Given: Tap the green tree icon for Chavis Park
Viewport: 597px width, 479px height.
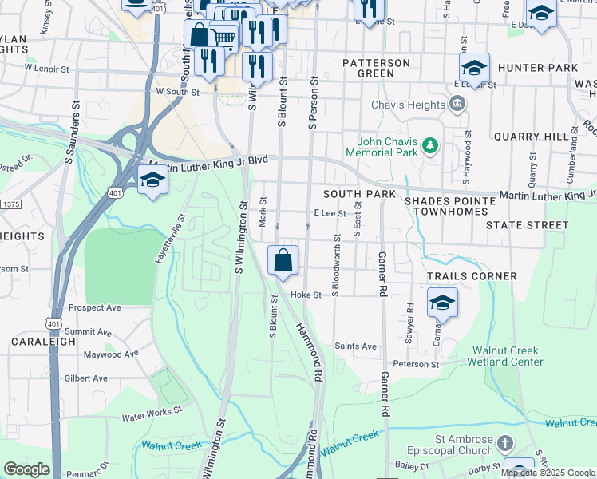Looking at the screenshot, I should pos(431,145).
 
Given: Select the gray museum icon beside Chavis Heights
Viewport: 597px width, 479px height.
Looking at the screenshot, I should pos(457,103).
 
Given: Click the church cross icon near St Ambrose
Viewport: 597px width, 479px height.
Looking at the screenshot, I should pos(504,442).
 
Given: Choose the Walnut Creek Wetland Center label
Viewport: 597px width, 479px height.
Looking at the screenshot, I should pos(505,356).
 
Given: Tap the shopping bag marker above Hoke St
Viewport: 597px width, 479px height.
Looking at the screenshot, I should pos(283,260).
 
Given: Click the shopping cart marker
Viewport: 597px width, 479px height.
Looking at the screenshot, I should pos(224,37).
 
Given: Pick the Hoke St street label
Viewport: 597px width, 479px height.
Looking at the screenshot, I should pos(305,295).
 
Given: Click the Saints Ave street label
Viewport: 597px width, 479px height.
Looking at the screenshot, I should pos(355,346).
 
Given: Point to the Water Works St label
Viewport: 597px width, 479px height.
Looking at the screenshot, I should pos(152,413).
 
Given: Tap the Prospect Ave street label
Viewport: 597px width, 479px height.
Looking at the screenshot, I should pos(94,307).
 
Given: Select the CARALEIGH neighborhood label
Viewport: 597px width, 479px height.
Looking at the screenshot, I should pos(43,341).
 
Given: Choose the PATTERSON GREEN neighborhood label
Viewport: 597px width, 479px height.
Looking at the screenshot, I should pos(368,68).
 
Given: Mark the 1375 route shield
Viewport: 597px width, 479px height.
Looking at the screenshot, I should pos(10,205).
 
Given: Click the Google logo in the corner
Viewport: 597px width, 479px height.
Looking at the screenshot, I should pos(26,469).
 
